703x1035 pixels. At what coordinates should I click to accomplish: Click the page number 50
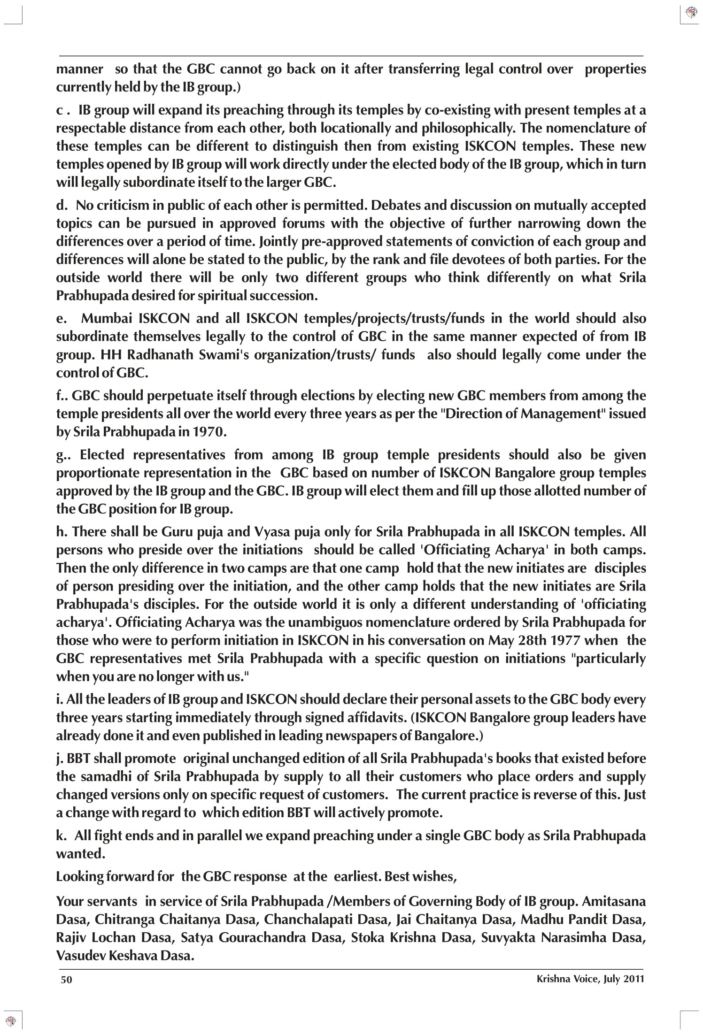point(66,980)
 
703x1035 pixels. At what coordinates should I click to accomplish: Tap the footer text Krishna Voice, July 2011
point(590,979)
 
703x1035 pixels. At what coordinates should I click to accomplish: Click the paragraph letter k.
point(60,836)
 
